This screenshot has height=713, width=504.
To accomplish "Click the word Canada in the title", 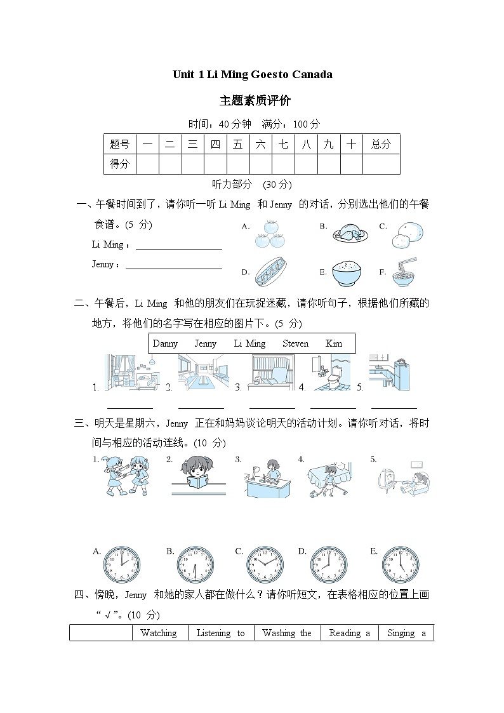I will [312, 74].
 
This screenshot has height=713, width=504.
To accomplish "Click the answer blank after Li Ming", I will [179, 245].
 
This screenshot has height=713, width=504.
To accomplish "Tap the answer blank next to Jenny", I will [174, 265].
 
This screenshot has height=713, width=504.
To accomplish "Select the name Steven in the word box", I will [295, 343].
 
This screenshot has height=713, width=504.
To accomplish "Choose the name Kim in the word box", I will [334, 343].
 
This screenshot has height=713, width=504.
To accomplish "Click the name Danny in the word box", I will [166, 343].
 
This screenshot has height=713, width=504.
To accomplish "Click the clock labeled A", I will [122, 564].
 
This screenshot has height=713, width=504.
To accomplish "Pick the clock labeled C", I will [265, 564].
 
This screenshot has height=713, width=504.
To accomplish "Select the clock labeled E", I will [401, 564].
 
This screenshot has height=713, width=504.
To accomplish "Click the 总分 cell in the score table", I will [381, 144].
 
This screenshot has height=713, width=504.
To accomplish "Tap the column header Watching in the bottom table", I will [159, 633].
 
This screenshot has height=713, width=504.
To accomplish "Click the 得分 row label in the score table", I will [119, 164].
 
